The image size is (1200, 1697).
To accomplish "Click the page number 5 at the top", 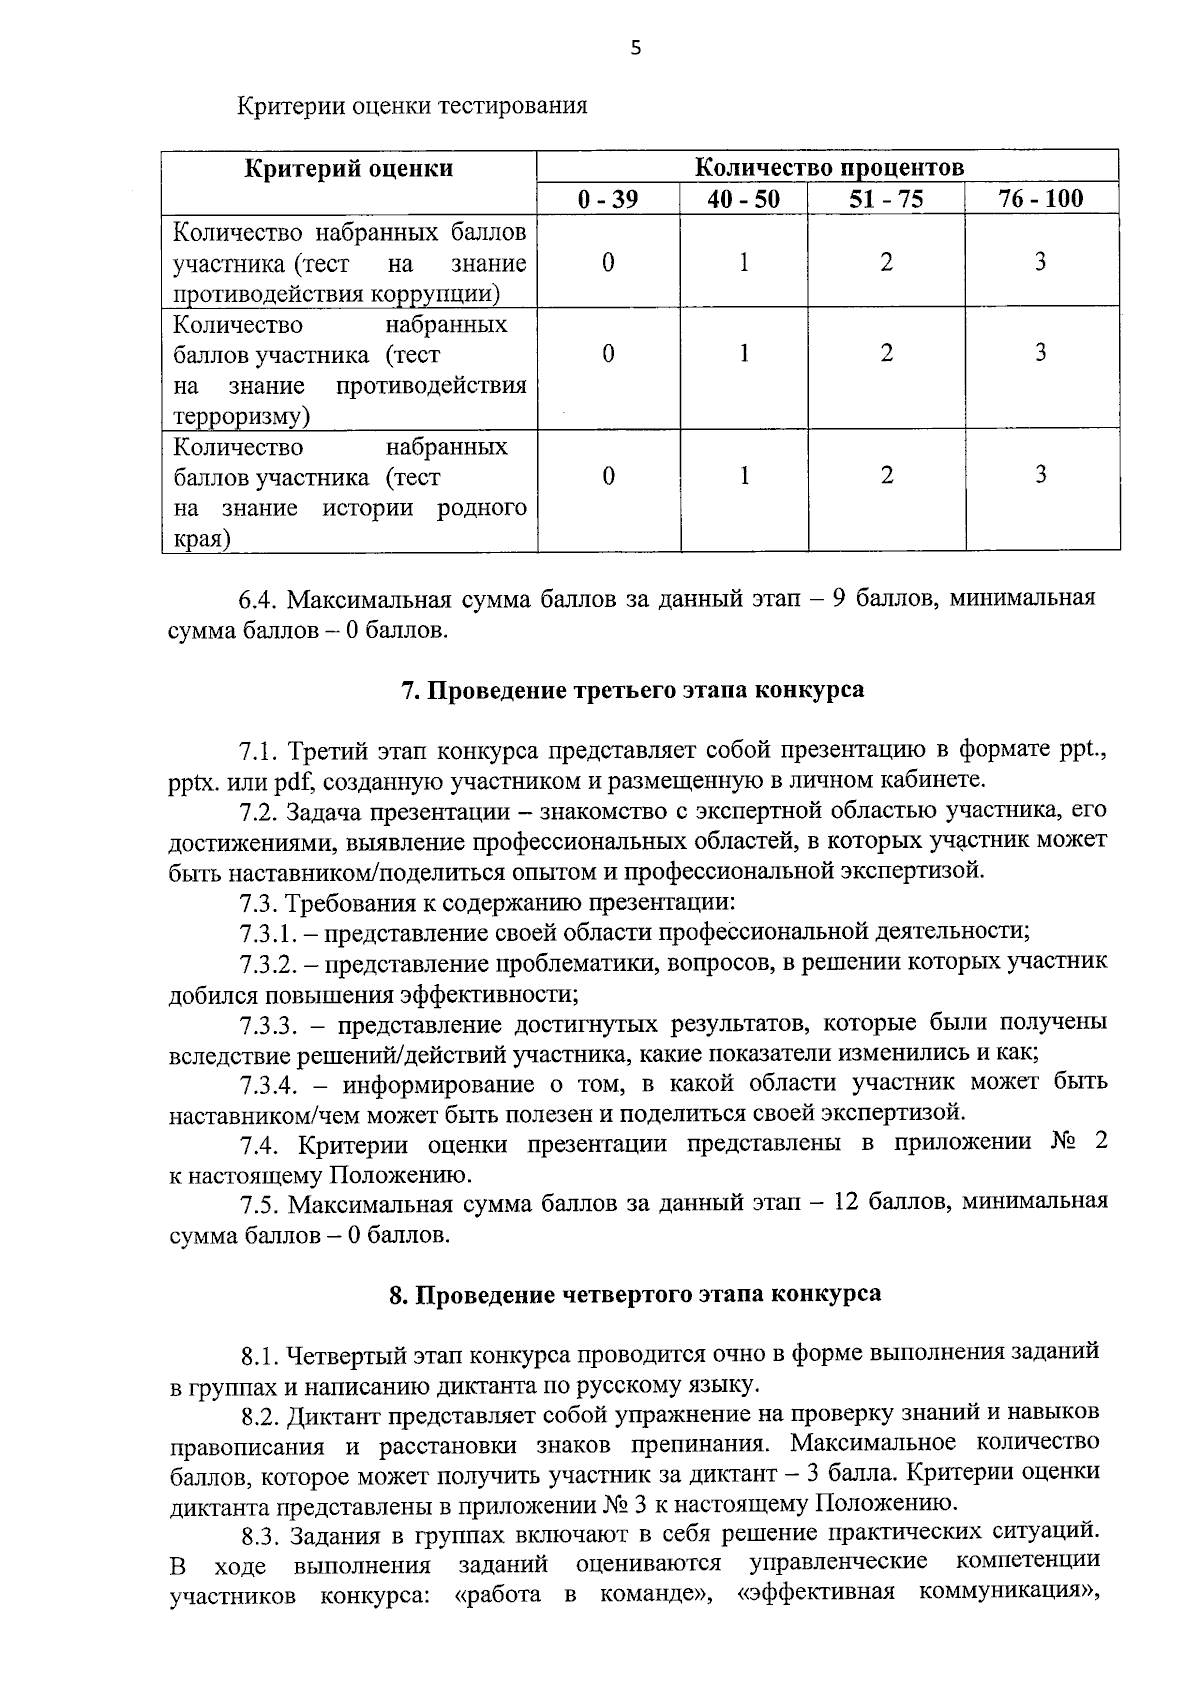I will pos(635,48).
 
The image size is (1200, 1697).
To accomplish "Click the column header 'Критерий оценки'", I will pos(349,168).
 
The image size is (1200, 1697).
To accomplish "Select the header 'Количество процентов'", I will pos(828,167).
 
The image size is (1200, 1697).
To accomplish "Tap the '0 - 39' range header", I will pos(608,199).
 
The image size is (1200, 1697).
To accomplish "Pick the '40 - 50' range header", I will pos(743,199).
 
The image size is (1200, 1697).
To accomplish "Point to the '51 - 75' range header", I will pos(886,199).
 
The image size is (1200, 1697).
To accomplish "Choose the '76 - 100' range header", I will pos(1041,199).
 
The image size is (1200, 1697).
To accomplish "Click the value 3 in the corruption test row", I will pos(1041,262).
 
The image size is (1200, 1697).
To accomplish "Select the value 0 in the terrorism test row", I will pos(608,354).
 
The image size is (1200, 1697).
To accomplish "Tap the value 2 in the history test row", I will pos(886,476).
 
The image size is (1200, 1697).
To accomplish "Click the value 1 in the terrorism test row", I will pos(744,354).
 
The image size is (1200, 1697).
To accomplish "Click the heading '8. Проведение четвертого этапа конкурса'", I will pos(635,1294).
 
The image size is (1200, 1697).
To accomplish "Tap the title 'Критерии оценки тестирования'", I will pos(412,105).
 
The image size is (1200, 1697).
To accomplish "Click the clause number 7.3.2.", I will pos(268,963).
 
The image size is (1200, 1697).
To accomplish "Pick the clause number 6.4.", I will pos(257,599).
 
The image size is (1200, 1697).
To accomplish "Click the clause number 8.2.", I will pos(261,1414).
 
